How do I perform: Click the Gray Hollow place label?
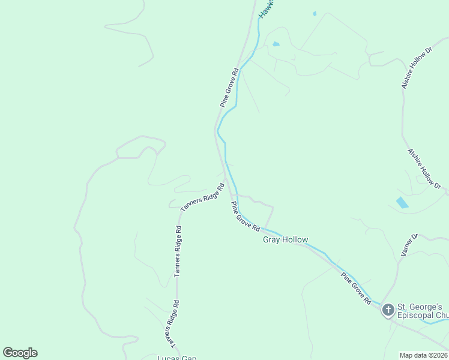285,240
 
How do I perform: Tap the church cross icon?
388,310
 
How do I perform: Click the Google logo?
20,353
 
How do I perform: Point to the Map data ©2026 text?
423,355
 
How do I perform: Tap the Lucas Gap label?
176,358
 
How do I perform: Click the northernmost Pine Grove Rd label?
229,88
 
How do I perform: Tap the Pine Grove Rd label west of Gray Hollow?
246,217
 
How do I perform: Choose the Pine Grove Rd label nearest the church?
356,289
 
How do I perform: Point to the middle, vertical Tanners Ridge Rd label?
177,251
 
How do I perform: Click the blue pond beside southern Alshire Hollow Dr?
402,202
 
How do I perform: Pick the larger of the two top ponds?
276,44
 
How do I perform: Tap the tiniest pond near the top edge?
314,13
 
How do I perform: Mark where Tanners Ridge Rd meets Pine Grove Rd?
227,182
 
